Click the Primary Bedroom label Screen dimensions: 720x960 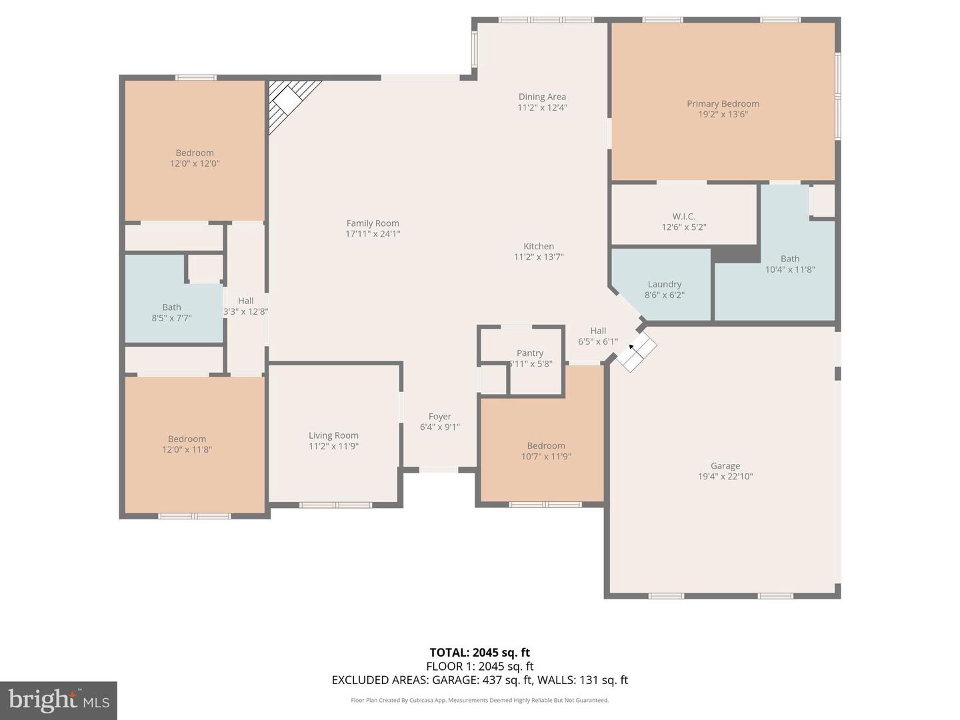(723, 103)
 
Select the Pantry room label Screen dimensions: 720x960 (530, 353)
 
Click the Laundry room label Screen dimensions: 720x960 (664, 284)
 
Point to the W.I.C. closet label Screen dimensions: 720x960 (683, 217)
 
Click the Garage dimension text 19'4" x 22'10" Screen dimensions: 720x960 (725, 477)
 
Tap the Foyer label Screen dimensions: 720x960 (439, 417)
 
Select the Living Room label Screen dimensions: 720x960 (333, 435)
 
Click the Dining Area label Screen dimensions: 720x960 (542, 97)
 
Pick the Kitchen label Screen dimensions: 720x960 (539, 246)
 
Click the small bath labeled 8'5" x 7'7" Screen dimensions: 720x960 (171, 313)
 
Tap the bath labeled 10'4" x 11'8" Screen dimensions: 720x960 (790, 264)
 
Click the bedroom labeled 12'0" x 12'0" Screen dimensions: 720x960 (195, 158)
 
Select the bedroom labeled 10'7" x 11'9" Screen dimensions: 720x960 (546, 451)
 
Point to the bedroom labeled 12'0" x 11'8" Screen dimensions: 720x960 (187, 444)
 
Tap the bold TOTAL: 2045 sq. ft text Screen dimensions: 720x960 (479, 653)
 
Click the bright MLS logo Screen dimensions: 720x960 (59, 700)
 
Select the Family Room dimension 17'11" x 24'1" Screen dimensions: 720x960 (373, 234)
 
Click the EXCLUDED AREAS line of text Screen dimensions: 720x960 (479, 680)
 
